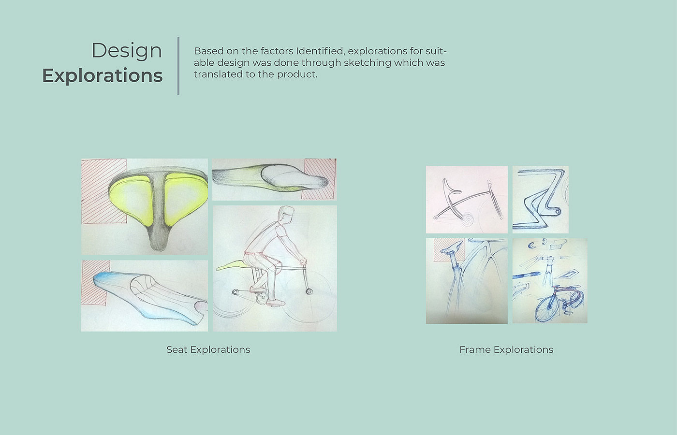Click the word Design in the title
tap(127, 51)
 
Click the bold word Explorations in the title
tap(103, 75)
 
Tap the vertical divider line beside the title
tap(178, 66)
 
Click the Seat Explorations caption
tap(208, 349)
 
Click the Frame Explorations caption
tap(506, 349)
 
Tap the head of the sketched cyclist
tap(286, 215)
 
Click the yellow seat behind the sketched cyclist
tap(230, 265)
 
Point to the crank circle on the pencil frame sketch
tap(467, 219)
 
